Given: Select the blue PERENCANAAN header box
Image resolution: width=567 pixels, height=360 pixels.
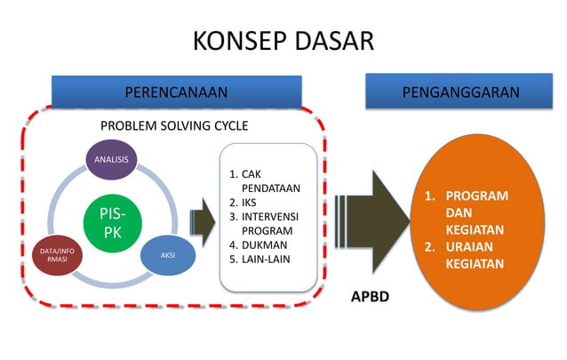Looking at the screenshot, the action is tap(176, 92).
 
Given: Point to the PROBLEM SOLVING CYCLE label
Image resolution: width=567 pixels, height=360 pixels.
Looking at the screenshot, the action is tap(174, 125).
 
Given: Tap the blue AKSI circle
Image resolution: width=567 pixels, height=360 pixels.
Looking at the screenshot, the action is tap(167, 255).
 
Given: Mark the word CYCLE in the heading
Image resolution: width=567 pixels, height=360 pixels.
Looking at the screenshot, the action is tap(228, 125).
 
